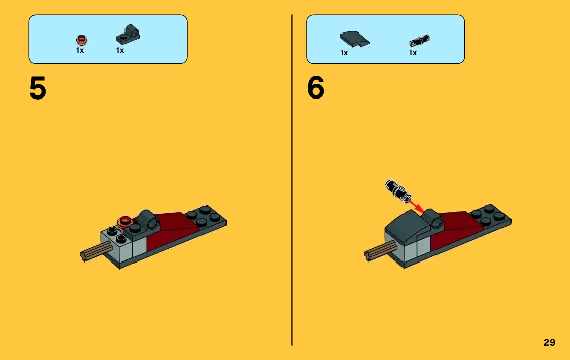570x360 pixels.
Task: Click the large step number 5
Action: click(38, 88)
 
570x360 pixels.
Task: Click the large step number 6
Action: click(316, 88)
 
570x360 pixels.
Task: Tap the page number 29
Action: click(549, 342)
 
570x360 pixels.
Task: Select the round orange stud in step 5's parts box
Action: click(81, 40)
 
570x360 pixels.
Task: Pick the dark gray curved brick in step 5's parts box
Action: click(128, 35)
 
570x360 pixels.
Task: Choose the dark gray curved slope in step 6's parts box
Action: click(355, 40)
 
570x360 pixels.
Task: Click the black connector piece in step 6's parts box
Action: click(419, 41)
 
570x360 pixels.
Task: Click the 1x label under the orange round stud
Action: click(80, 50)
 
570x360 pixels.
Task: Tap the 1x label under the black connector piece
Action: click(413, 53)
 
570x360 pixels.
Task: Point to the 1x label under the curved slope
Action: click(344, 53)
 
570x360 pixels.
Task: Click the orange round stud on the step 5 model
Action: click(125, 221)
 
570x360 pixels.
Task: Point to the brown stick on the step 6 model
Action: click(379, 251)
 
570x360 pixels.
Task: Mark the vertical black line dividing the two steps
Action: click(292, 180)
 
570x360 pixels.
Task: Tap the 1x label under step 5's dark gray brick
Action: click(120, 50)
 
